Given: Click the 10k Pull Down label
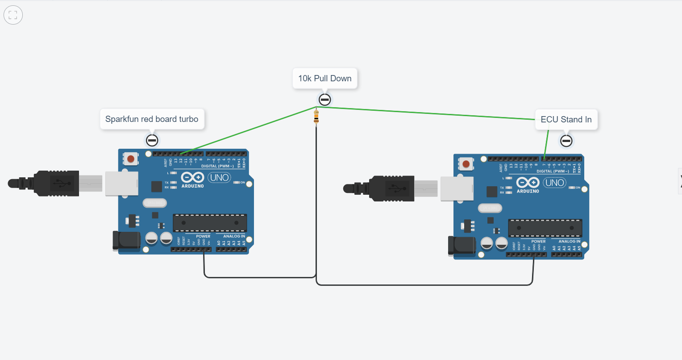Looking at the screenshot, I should click(x=324, y=79).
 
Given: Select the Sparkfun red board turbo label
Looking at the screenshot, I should click(x=152, y=119).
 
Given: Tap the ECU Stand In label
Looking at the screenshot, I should click(x=566, y=120).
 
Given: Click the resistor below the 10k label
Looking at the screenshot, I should click(x=316, y=117).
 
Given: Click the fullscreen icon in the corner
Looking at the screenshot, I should click(x=13, y=15).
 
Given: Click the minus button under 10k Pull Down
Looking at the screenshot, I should click(x=324, y=100).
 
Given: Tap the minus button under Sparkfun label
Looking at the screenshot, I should click(x=152, y=140).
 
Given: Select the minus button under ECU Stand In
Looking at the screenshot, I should click(x=566, y=141).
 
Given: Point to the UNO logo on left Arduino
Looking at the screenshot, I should click(x=219, y=177).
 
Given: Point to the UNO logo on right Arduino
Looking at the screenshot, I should click(x=554, y=183).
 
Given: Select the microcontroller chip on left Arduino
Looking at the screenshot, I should click(x=210, y=223).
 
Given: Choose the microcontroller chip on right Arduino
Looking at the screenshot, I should click(x=545, y=228).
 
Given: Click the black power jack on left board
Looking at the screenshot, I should click(x=126, y=240).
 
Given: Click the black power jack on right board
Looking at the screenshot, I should click(x=461, y=246).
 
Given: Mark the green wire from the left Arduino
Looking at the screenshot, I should click(x=248, y=130).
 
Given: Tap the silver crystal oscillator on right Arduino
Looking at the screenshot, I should click(x=490, y=208).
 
